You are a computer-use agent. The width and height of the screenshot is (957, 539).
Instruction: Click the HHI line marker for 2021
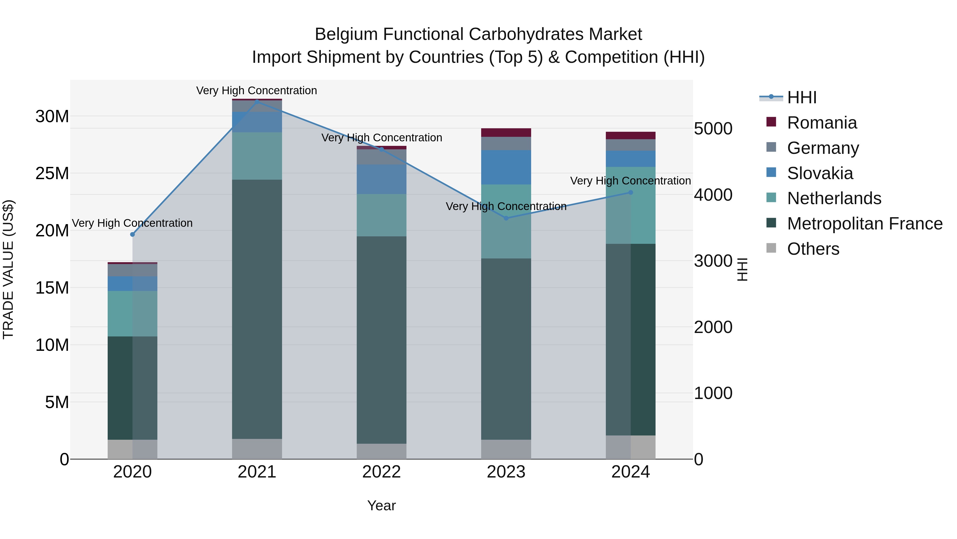(x=257, y=101)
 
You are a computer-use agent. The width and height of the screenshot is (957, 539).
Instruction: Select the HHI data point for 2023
(x=506, y=218)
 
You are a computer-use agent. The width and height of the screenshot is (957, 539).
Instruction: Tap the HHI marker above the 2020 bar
(x=133, y=234)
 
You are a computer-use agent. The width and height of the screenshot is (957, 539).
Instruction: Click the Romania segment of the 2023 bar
(x=506, y=133)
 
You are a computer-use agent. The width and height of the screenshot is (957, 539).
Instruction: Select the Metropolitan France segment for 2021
(x=257, y=309)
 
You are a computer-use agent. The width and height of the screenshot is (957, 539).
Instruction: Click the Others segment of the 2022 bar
(x=381, y=451)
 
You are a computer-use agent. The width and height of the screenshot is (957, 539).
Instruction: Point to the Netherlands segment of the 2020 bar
(x=133, y=313)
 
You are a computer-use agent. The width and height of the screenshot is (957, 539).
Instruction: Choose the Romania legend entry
(x=822, y=123)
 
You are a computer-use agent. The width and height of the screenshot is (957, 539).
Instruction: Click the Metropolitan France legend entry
(x=864, y=224)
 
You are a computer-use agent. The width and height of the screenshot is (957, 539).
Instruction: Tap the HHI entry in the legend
(x=802, y=97)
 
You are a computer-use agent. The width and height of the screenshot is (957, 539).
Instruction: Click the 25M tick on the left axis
(x=52, y=173)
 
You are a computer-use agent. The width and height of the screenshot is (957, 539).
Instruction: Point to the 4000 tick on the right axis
(x=713, y=195)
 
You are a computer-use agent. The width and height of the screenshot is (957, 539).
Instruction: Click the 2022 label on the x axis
(x=381, y=472)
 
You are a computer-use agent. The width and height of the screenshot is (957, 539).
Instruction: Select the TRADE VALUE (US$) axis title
(x=9, y=269)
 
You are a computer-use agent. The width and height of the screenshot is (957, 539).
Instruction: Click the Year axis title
(x=381, y=505)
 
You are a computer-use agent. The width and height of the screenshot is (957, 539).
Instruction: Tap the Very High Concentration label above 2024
(x=631, y=181)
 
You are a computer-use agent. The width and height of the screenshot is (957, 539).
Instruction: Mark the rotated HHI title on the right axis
(x=742, y=269)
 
